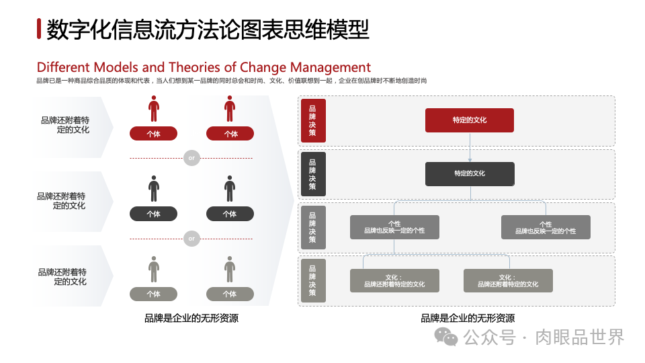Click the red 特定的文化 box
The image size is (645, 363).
tap(470, 120)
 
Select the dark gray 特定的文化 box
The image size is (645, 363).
tap(470, 173)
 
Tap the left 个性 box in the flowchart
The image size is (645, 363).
tap(394, 227)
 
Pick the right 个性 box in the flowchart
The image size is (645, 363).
tap(546, 227)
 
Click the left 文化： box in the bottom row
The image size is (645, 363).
tap(394, 280)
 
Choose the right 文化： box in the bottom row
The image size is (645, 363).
tap(508, 280)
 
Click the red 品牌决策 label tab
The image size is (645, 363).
tap(312, 120)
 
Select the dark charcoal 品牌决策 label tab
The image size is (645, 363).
tap(312, 173)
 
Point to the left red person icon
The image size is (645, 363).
tap(154, 108)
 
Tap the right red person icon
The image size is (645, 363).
tap(230, 108)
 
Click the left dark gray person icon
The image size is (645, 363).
tap(154, 188)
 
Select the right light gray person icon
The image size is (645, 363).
tap(230, 269)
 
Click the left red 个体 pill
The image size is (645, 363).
tap(154, 134)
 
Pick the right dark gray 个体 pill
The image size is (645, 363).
tap(230, 214)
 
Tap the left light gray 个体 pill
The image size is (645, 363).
tap(154, 294)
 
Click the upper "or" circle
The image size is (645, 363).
tap(191, 159)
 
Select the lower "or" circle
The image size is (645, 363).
tap(191, 238)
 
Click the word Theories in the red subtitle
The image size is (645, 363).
tap(193, 67)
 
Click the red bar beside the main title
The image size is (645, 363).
tap(40, 30)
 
